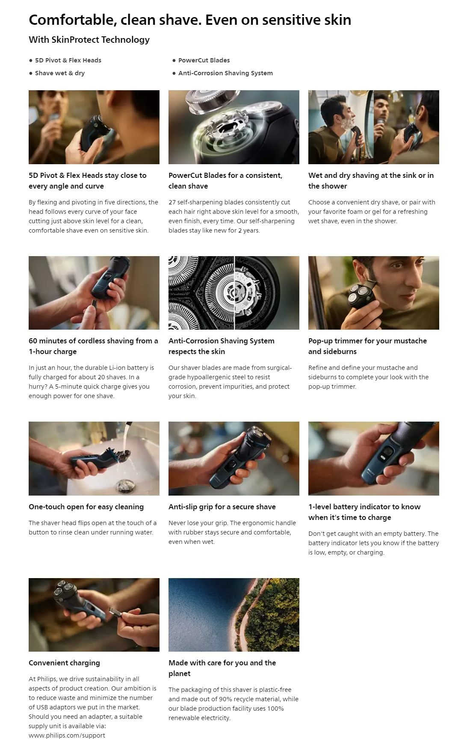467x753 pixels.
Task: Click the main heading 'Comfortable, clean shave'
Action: pos(115,20)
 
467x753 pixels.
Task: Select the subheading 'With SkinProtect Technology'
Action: pos(89,40)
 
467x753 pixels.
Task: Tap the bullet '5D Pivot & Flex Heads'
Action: pos(68,60)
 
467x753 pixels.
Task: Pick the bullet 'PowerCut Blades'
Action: pos(204,60)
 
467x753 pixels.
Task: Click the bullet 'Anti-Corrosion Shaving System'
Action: pos(225,73)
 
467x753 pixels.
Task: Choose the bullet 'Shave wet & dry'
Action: pos(60,73)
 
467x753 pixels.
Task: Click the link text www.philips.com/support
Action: pos(67,735)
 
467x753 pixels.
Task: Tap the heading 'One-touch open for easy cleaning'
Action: pos(86,507)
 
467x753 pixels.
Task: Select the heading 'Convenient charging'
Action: pos(64,663)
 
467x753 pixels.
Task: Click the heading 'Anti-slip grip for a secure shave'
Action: pos(222,507)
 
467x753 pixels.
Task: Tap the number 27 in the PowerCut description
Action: pos(172,202)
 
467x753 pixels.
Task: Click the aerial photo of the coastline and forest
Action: pos(234,615)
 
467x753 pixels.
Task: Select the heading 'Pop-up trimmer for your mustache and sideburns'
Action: pos(367,346)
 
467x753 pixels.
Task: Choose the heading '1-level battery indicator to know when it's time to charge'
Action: pos(364,512)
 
